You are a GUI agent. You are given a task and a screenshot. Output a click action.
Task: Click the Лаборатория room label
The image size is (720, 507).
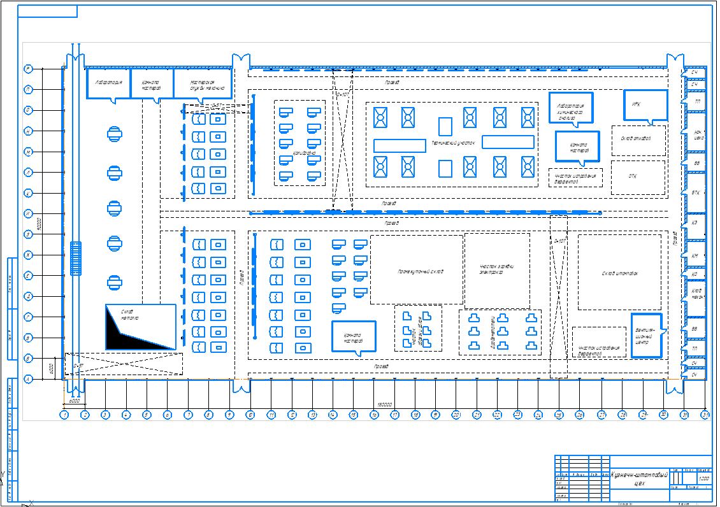point(108,83)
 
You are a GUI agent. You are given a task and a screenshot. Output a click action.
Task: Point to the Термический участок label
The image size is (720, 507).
point(453,143)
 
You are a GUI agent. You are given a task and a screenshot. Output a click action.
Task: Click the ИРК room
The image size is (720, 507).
point(645,105)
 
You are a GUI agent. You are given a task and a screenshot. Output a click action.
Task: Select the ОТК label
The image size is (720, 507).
point(633,176)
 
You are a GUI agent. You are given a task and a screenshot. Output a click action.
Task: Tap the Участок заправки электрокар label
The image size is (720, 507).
point(496,269)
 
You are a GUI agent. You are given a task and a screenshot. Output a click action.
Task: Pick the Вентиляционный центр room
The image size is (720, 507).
point(646,335)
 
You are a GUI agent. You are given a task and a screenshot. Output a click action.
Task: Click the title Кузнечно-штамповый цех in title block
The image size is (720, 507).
point(639,479)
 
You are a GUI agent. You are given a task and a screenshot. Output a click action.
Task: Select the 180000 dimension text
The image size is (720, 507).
point(384,404)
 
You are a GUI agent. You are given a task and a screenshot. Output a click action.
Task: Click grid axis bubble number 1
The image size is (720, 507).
point(64,415)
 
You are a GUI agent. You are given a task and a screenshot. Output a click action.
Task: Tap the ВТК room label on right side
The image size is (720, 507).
point(696,192)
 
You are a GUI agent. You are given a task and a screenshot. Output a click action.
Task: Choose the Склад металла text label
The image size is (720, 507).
point(130,314)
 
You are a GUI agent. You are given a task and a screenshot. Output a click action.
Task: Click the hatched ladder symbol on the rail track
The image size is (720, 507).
point(76,259)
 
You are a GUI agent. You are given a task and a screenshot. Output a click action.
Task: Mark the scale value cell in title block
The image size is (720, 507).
point(704,478)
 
